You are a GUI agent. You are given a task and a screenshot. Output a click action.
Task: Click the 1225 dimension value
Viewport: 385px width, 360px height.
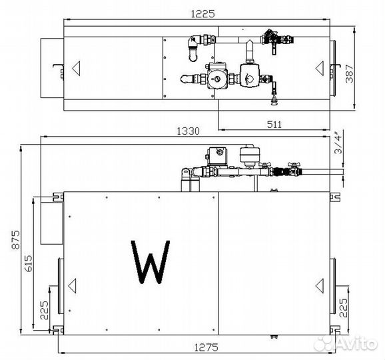[202, 14]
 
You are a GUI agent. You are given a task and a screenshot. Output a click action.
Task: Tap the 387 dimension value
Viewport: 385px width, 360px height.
[349, 73]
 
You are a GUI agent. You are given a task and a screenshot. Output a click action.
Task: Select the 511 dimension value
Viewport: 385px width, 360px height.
[274, 125]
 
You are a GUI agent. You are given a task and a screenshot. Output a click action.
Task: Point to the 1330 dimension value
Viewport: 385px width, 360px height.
[189, 131]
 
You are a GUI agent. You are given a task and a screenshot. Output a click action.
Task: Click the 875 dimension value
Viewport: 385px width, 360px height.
[16, 240]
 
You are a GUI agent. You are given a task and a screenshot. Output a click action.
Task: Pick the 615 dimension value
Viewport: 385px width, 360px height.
[28, 263]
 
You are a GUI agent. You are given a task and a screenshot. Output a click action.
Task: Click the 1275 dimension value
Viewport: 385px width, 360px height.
[206, 347]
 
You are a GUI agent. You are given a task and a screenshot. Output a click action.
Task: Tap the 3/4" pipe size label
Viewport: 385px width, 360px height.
[338, 144]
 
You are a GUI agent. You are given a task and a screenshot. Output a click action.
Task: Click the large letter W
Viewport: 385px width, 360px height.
[151, 262]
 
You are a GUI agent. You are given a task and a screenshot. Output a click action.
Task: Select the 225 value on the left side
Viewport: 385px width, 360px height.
[44, 310]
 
